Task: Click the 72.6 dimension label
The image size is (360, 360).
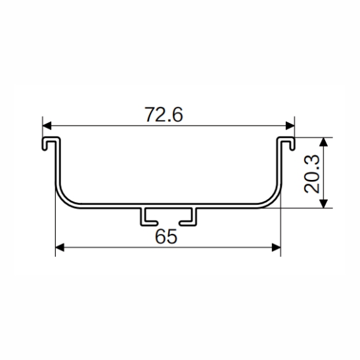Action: coord(164,114)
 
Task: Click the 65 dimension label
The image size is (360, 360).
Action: coord(166,236)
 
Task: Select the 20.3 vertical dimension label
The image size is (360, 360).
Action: coord(311,173)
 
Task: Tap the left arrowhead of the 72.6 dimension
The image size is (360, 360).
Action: coord(47,126)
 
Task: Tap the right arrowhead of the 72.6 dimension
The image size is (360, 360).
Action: coord(290,126)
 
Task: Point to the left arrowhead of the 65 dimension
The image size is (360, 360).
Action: coord(60,248)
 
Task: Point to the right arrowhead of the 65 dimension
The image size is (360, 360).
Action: coord(276,248)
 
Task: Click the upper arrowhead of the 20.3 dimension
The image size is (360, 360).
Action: coord(323,142)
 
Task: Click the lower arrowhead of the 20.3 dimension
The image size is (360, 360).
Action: coord(323,204)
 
